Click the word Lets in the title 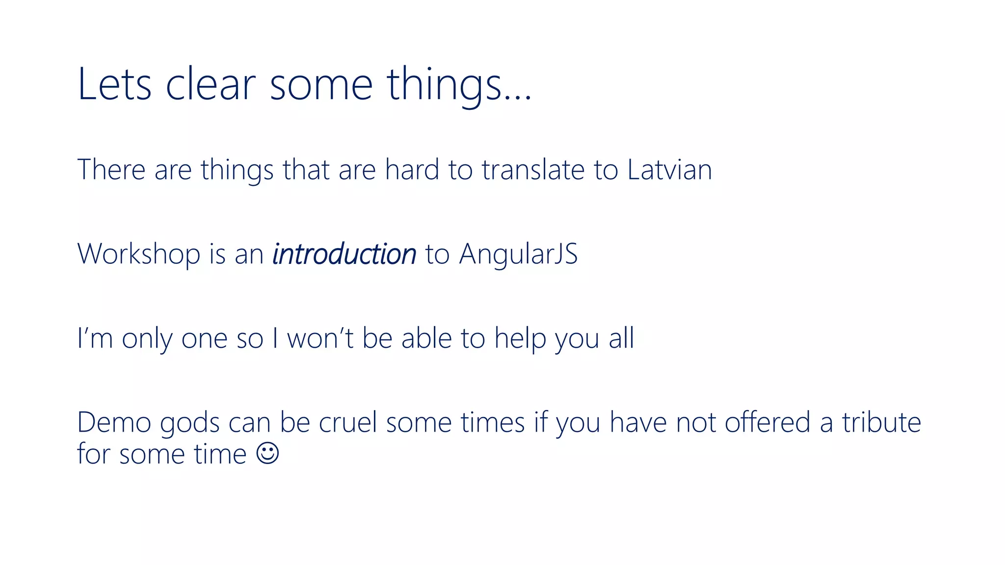click(114, 84)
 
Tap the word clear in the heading click(211, 84)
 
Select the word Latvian click(669, 170)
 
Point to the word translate click(533, 170)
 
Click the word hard click(412, 170)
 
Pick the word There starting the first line click(111, 170)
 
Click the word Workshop click(139, 254)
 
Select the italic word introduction click(344, 254)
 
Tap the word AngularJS click(518, 254)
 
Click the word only click(147, 338)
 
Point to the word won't click(320, 338)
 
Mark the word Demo click(114, 422)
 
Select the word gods click(189, 422)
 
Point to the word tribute click(881, 422)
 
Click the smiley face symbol click(268, 453)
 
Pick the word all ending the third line click(621, 338)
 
